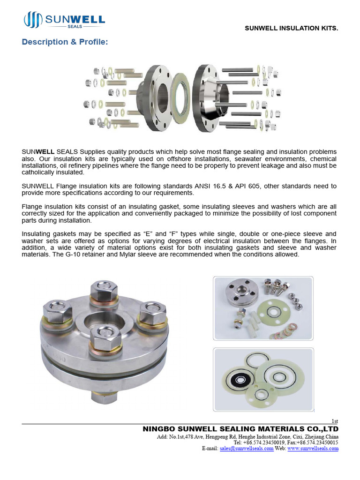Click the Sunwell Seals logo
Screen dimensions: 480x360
coord(64,21)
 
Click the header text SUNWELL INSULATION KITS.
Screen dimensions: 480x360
coord(291,29)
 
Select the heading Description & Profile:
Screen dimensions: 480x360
coord(65,42)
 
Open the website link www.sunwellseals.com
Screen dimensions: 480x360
coord(313,448)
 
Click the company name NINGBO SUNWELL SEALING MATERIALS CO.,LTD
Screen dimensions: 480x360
coord(240,429)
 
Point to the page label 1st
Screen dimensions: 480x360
coord(335,421)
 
